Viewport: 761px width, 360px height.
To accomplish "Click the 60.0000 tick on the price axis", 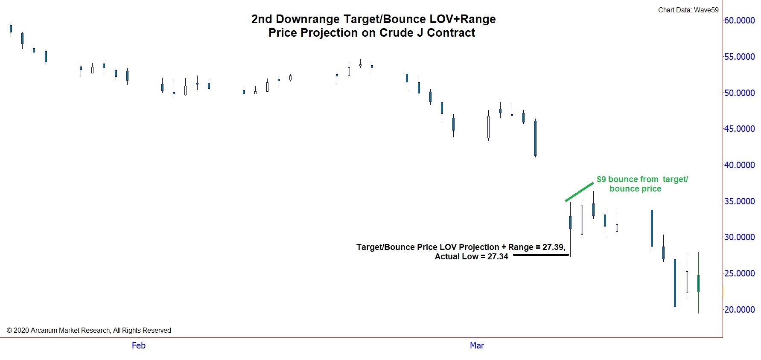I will [739, 20].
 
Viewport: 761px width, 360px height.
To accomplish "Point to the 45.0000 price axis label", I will [739, 129].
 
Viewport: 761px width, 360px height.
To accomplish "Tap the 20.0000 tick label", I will [739, 310].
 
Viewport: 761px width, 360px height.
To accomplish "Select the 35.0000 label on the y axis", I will [739, 201].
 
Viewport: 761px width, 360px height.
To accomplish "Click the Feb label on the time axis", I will [139, 345].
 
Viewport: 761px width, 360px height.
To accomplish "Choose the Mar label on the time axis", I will [477, 345].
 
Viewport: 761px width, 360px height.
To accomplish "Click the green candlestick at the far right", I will [698, 283].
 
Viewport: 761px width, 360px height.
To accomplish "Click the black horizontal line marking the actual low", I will [541, 255].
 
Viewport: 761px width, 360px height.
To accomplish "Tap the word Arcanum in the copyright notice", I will [46, 330].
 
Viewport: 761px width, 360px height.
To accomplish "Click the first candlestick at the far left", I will [11, 29].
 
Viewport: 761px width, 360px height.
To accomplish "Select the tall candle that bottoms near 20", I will [675, 282].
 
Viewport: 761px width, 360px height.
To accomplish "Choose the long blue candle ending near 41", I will [535, 138].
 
